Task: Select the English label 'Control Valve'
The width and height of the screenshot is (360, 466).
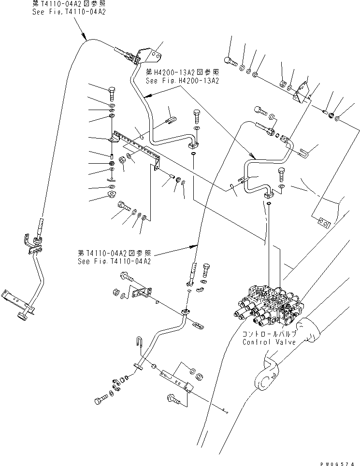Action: [270, 342]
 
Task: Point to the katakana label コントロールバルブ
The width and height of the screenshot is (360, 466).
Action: [270, 334]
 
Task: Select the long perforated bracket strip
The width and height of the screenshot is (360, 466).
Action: [138, 144]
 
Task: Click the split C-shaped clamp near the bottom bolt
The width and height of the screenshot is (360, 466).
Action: [116, 383]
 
